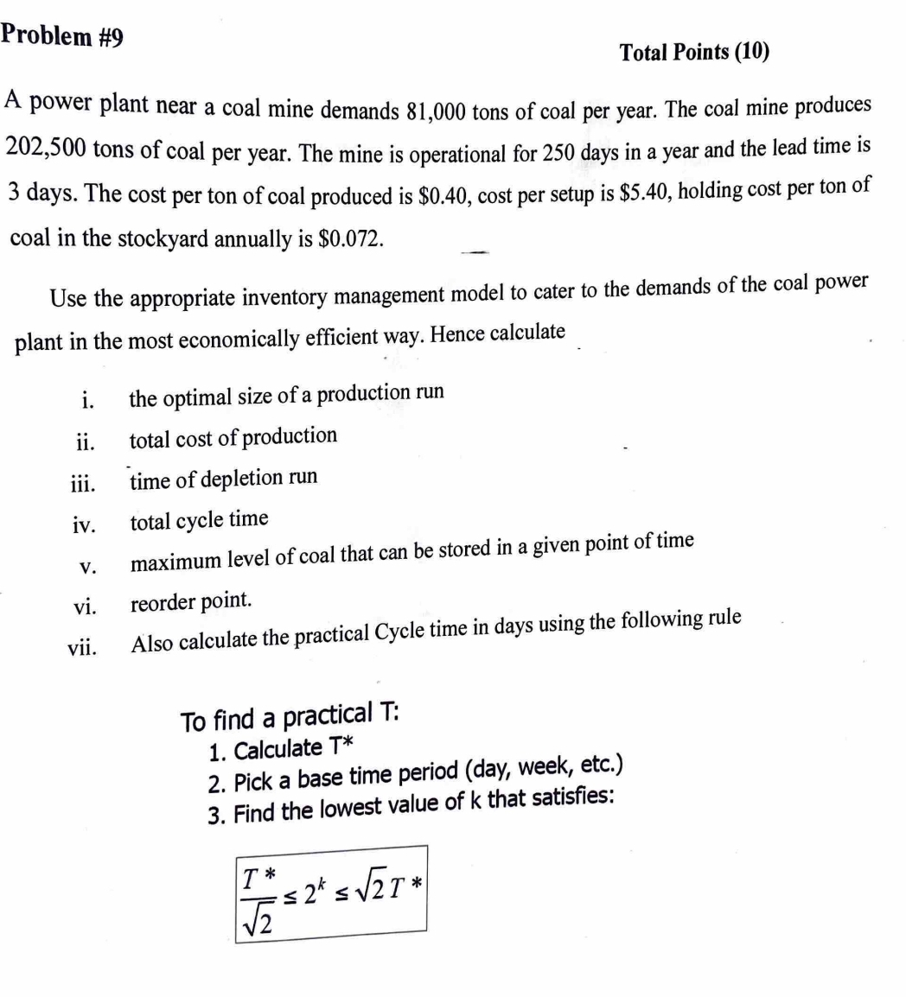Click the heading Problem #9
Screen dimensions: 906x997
click(x=61, y=35)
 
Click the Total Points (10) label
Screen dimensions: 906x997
click(x=694, y=54)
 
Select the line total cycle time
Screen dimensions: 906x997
click(x=199, y=520)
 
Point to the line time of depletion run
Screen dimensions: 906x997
click(x=223, y=478)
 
